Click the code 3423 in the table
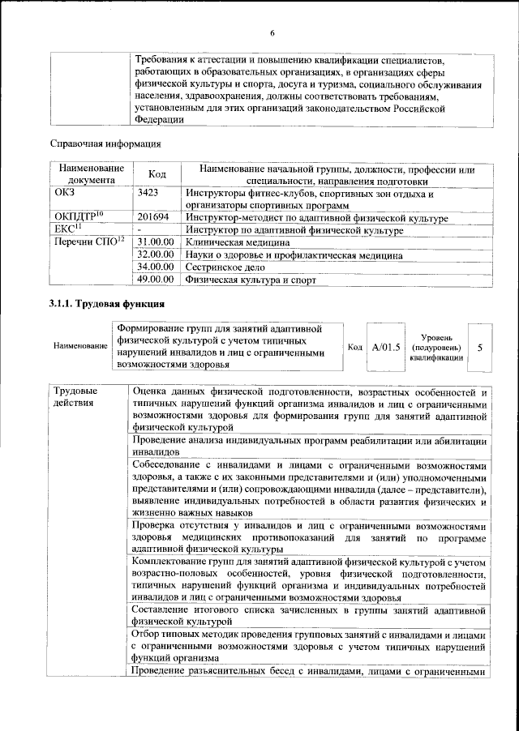tap(148, 194)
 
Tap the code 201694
tap(153, 218)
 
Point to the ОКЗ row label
tap(64, 194)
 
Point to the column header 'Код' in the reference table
tap(157, 174)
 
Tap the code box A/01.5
tap(386, 347)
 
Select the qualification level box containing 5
tap(480, 347)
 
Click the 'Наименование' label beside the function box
tap(80, 347)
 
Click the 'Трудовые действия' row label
tap(74, 397)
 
